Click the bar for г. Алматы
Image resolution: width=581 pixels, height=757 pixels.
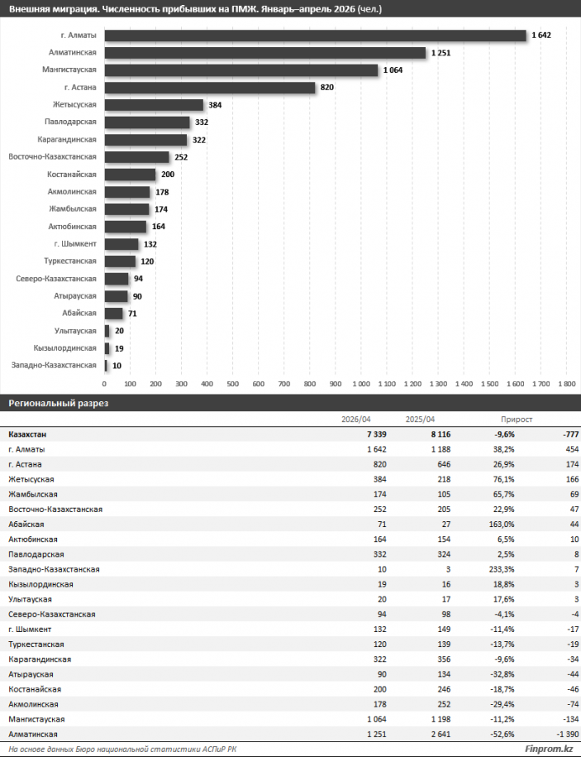click(316, 36)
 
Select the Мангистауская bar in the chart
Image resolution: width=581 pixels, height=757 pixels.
click(241, 70)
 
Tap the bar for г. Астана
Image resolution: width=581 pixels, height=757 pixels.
click(210, 88)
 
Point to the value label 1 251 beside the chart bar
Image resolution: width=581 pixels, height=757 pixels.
click(441, 53)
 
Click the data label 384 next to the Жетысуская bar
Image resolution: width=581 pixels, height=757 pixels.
click(215, 105)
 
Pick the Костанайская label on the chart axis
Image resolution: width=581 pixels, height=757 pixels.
click(71, 175)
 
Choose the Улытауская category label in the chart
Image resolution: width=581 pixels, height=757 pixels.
click(75, 331)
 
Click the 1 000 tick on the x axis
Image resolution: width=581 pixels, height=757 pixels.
click(361, 384)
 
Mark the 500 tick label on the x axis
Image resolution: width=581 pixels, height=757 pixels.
click(232, 384)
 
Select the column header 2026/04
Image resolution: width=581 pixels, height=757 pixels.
click(356, 419)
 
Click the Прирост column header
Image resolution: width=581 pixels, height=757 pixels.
click(517, 419)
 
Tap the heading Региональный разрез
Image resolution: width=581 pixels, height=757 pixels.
click(59, 403)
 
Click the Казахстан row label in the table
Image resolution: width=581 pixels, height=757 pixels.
click(27, 434)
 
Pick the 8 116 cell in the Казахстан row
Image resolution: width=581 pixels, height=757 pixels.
click(441, 434)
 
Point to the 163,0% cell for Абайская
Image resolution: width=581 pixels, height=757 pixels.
click(502, 524)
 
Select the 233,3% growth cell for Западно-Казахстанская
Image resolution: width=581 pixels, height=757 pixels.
click(502, 568)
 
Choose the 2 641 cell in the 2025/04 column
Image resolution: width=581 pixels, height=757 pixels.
click(441, 734)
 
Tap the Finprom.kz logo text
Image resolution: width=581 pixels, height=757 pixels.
click(549, 749)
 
